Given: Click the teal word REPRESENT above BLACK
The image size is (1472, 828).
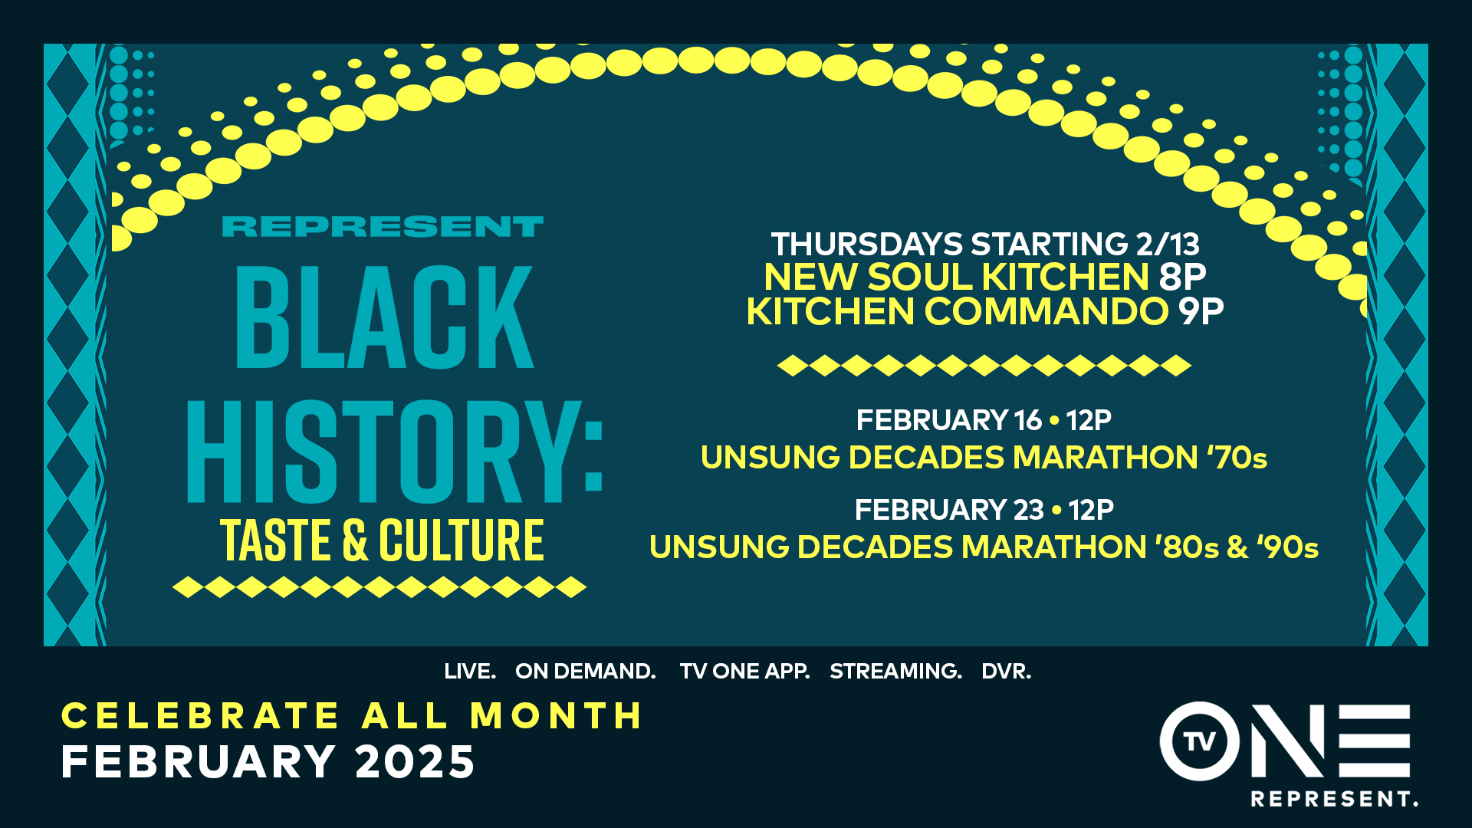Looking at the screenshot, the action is coord(383,227).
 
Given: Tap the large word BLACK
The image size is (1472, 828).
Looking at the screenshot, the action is coord(384,317).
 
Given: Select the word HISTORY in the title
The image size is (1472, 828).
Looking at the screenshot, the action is coord(384,452).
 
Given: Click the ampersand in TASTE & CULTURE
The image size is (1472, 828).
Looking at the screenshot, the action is coord(355,540).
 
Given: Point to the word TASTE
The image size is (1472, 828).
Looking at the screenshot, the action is coord(276,540).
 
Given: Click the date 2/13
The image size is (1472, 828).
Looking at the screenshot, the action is coord(1168,245).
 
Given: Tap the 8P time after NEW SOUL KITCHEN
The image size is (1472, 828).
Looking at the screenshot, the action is coord(1182,277).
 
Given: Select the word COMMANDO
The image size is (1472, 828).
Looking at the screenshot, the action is coord(1046,311).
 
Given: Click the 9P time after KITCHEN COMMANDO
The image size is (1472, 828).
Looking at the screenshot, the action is coord(1201,311).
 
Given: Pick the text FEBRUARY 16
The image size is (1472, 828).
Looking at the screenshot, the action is coord(949,420).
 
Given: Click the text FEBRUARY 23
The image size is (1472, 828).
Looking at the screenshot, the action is coord(949,510).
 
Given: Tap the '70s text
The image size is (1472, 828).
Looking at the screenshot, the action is coord(1237,458).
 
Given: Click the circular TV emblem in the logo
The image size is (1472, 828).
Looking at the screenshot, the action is coord(1200,741).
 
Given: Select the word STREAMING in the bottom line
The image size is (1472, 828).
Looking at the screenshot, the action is coord(895,672).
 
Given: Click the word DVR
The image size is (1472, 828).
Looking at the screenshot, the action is coord(1007,672).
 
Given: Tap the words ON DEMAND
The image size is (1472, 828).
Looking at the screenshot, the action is coord(586,672).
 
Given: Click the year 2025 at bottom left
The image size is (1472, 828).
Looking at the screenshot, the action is coord(416,762).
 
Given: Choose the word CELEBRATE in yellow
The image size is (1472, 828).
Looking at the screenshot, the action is coord(199,716).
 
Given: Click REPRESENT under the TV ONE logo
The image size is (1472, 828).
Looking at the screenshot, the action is coord(1334,799).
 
